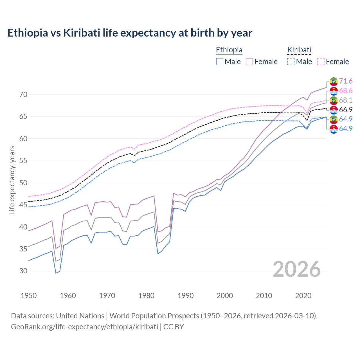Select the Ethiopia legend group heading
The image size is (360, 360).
tap(229, 50)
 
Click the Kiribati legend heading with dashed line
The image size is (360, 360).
tap(299, 50)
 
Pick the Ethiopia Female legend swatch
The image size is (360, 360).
tap(249, 62)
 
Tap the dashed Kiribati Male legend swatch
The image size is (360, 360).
tap(291, 62)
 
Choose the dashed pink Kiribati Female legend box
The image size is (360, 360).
tap(321, 62)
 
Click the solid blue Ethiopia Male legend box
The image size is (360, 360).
tap(220, 62)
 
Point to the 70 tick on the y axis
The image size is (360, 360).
tap(23, 94)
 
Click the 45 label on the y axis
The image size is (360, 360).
tap(23, 205)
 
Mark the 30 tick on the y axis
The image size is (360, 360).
tap(23, 271)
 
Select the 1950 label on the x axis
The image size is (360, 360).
tap(29, 296)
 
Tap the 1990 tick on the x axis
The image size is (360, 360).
tap(186, 296)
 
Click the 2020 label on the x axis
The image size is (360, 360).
tap(303, 296)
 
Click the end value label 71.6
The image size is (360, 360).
tap(346, 81)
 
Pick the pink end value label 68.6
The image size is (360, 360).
tap(346, 91)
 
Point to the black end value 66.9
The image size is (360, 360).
tap(346, 110)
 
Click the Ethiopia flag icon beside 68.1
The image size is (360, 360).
tap(334, 100)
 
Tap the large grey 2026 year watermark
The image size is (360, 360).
tap(297, 269)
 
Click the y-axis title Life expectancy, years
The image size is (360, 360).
tap(12, 180)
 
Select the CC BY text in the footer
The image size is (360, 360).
tap(174, 327)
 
